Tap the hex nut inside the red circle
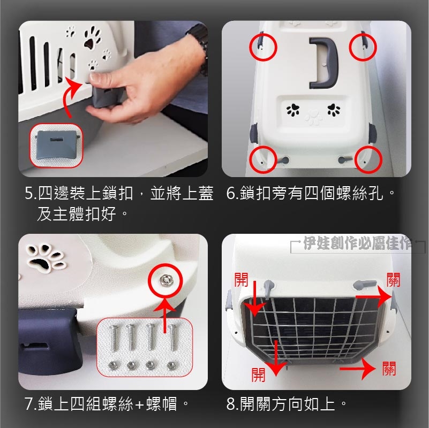(165, 280)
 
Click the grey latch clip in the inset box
(57, 146)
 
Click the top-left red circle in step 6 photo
(263, 47)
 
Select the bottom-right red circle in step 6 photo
(368, 159)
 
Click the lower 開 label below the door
(258, 374)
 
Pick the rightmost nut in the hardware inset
(171, 365)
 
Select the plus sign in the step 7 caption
(139, 404)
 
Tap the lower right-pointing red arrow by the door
(358, 369)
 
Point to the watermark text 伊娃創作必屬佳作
(358, 243)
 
